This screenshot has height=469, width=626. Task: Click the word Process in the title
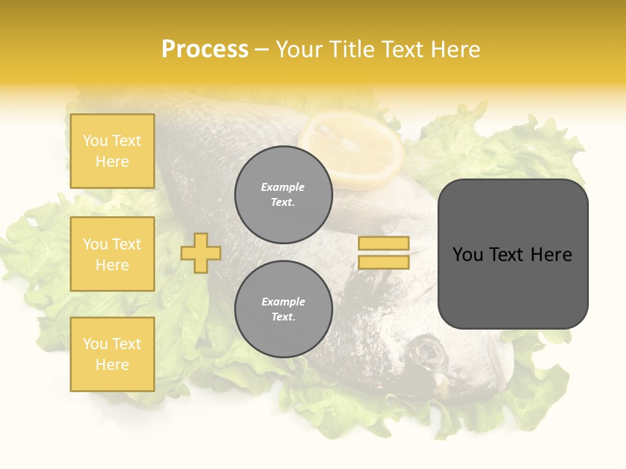coord(205,50)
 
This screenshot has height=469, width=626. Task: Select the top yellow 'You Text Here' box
coord(112,151)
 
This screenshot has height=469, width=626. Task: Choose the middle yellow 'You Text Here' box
coord(112,254)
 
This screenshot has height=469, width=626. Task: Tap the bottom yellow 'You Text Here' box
coord(112,354)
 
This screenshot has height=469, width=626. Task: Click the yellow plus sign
coord(201,253)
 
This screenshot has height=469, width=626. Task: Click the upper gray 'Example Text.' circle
coord(284,195)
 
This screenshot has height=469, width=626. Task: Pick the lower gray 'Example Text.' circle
coord(284,309)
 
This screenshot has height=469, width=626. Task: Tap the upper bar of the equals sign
coord(383,243)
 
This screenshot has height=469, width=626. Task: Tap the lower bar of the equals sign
coord(383,263)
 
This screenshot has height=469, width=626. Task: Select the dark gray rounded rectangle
coord(513,293)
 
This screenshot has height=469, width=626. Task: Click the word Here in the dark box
coord(552,255)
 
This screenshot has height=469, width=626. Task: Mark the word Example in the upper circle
coord(283,187)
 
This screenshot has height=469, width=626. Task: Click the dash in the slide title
coord(262,50)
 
